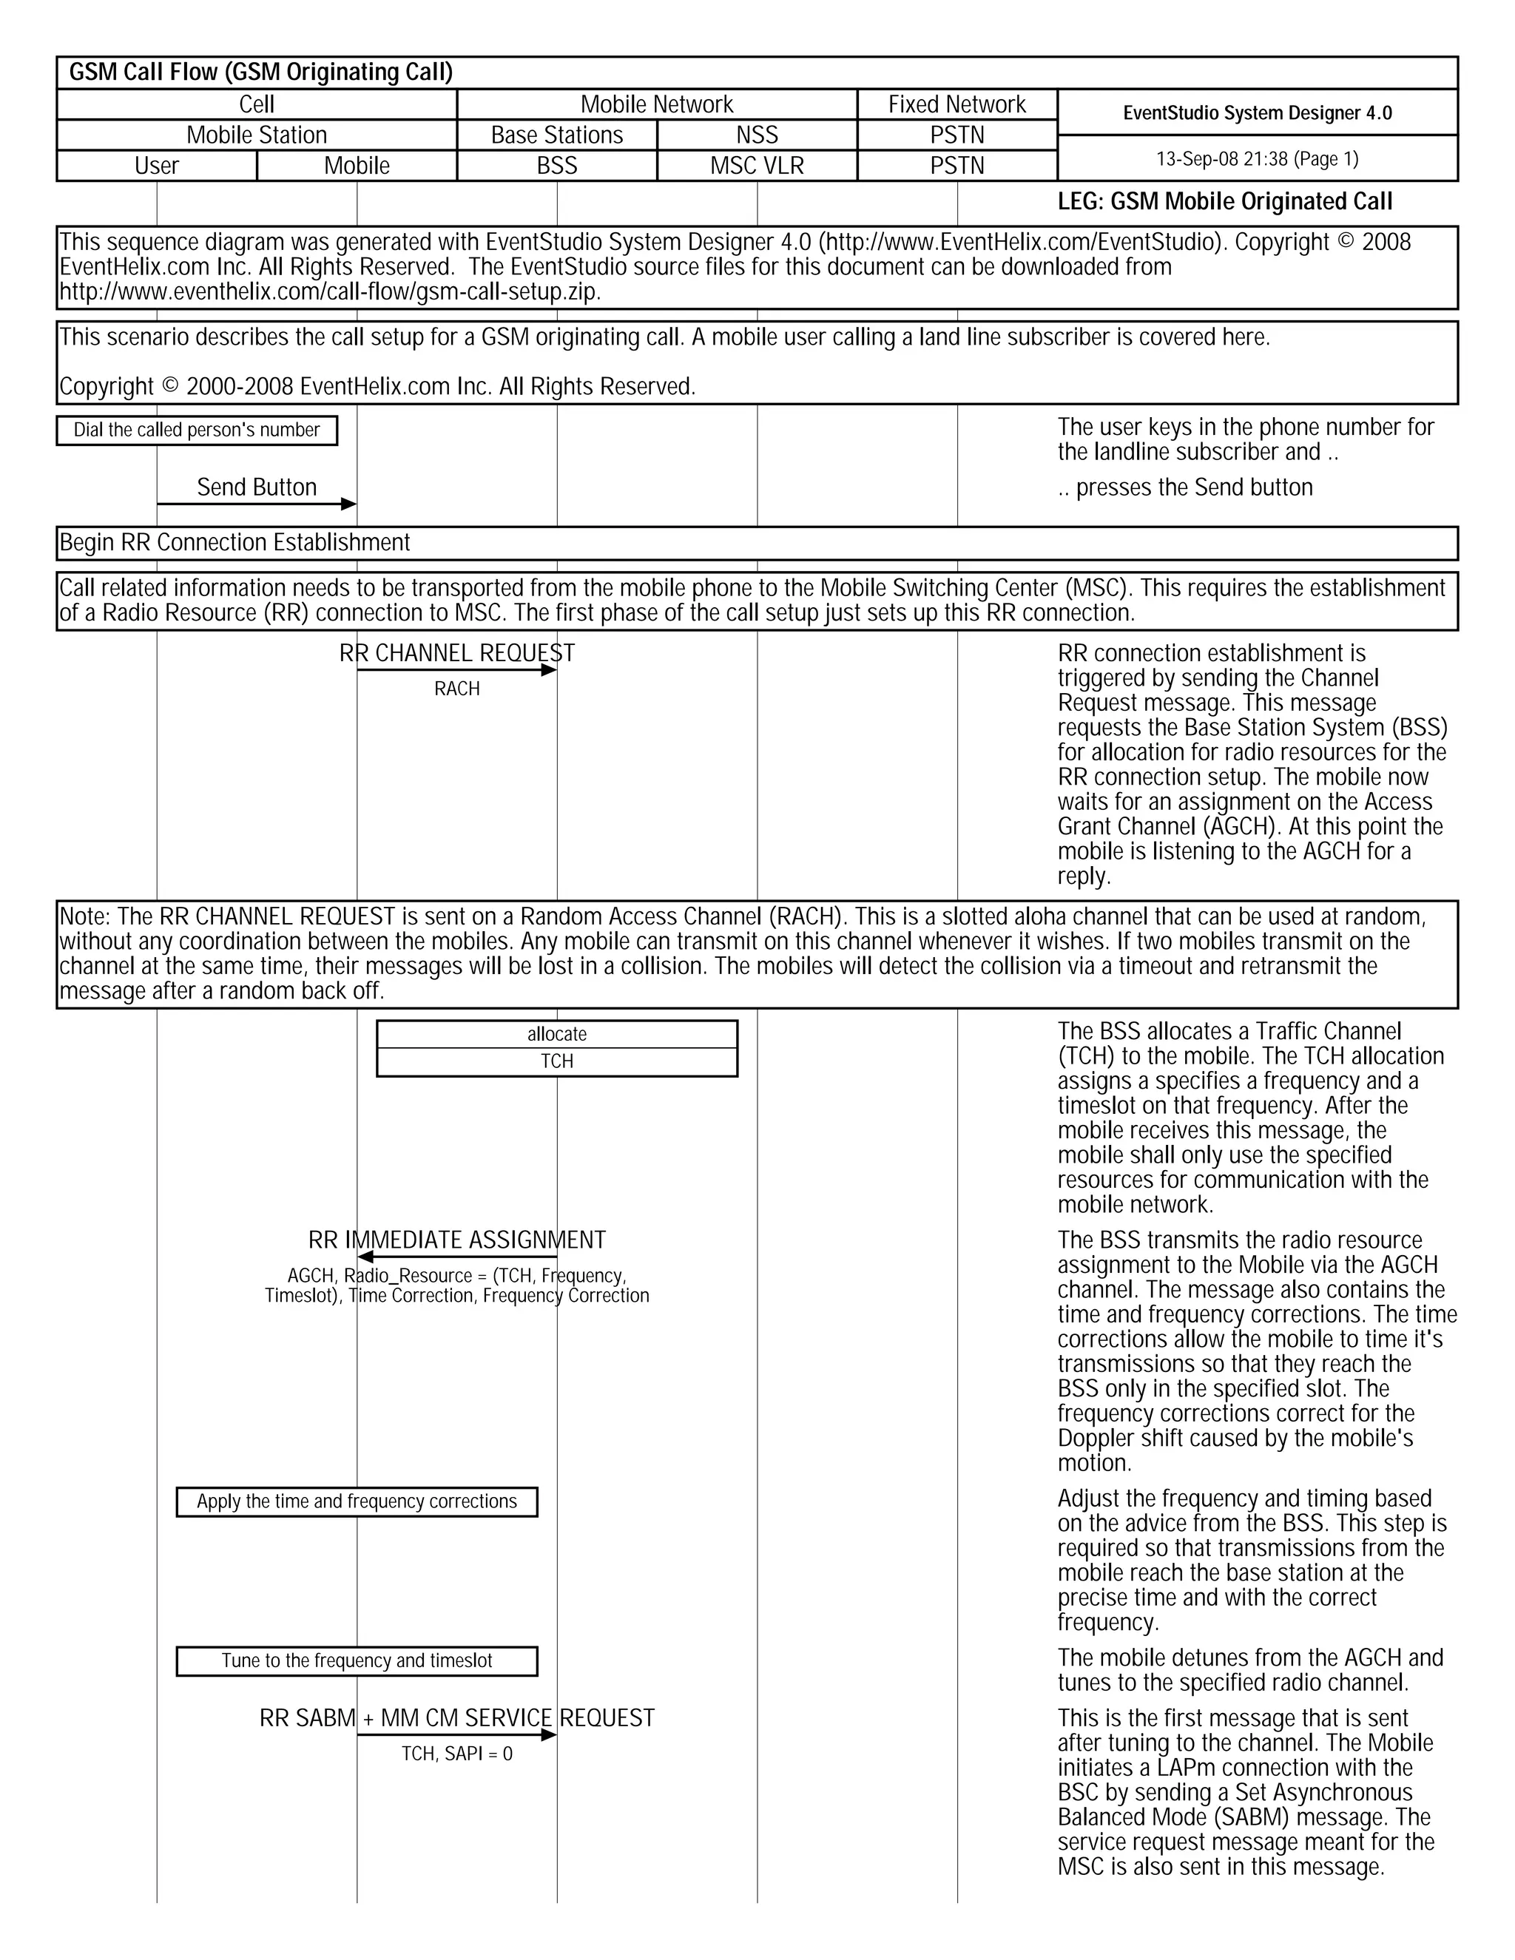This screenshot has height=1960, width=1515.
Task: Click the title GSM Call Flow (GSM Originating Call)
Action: pos(261,72)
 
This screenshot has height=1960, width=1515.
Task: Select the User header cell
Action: pos(156,166)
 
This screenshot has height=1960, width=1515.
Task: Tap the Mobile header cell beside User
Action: pos(357,166)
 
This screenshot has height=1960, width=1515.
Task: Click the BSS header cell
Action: pos(556,166)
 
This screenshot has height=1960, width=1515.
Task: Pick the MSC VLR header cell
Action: pos(757,166)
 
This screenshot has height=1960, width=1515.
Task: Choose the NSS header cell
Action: pos(757,135)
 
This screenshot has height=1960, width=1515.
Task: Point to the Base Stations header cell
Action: pos(556,135)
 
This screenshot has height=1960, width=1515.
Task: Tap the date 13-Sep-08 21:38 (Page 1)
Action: pos(1257,160)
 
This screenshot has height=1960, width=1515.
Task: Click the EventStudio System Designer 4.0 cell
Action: pos(1257,113)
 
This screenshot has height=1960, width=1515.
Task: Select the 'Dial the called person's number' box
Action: pos(197,430)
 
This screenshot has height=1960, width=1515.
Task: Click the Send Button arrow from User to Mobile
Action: pos(257,504)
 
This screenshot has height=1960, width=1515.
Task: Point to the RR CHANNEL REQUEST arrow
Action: pos(457,670)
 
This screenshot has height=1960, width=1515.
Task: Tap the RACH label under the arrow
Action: pos(457,689)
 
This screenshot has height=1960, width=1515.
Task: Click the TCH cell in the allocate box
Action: pos(556,1061)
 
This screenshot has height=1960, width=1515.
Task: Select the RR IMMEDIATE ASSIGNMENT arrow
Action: pos(457,1257)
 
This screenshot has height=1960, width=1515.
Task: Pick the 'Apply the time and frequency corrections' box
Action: pos(357,1502)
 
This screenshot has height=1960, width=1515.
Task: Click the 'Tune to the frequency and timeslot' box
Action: pos(357,1661)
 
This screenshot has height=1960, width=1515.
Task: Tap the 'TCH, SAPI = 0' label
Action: pos(457,1754)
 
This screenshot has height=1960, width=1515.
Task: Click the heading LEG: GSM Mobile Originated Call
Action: pos(1224,202)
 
